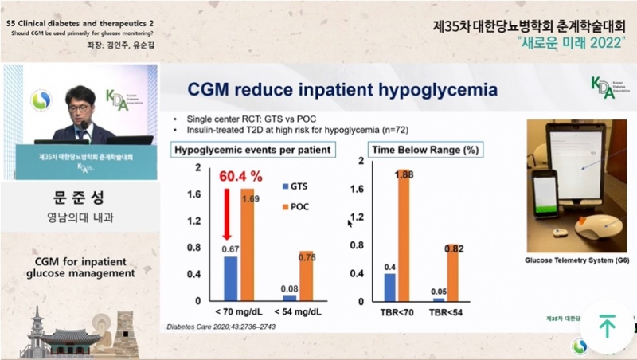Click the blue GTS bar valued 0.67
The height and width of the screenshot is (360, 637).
click(229, 279)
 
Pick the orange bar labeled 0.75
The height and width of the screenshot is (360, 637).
click(307, 276)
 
